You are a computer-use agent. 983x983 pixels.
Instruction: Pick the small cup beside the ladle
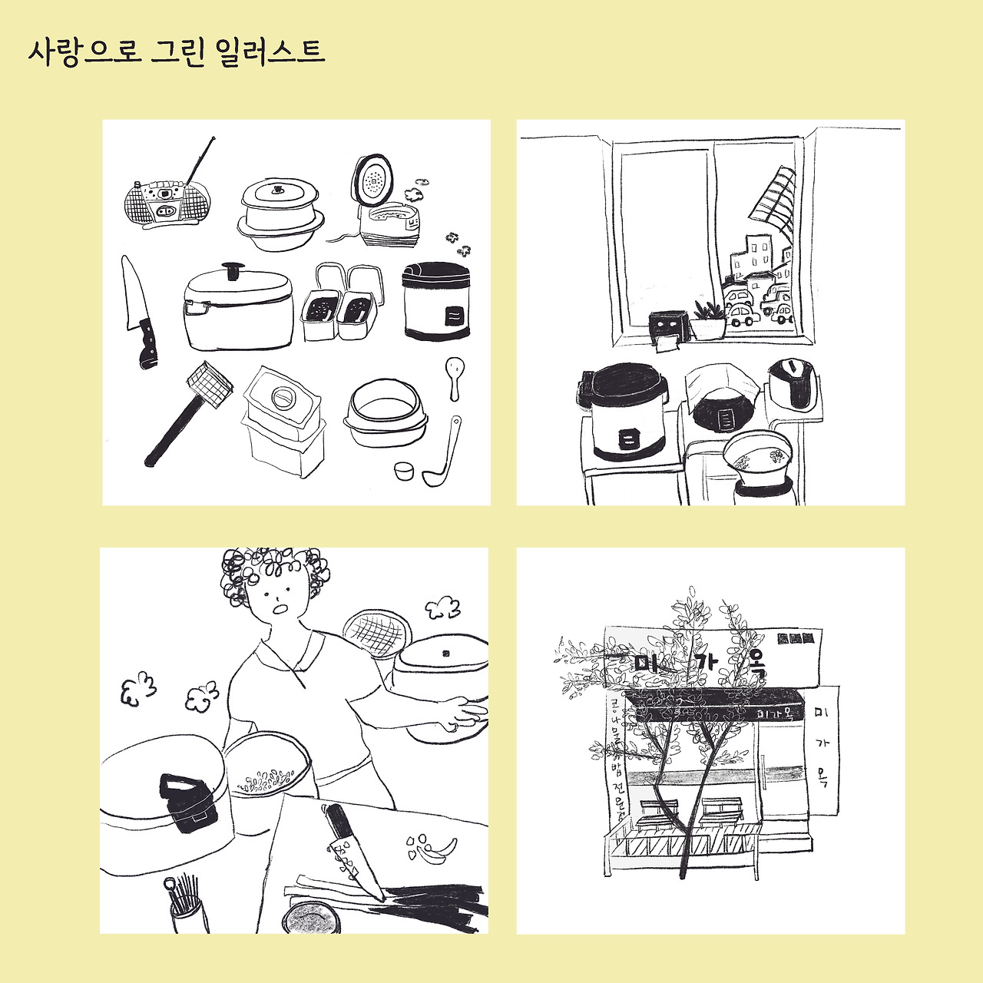[404, 470]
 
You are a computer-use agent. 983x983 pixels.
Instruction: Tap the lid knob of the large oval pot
[232, 270]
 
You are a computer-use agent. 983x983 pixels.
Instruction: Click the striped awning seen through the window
[771, 197]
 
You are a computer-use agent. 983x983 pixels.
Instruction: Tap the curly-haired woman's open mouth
[280, 610]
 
